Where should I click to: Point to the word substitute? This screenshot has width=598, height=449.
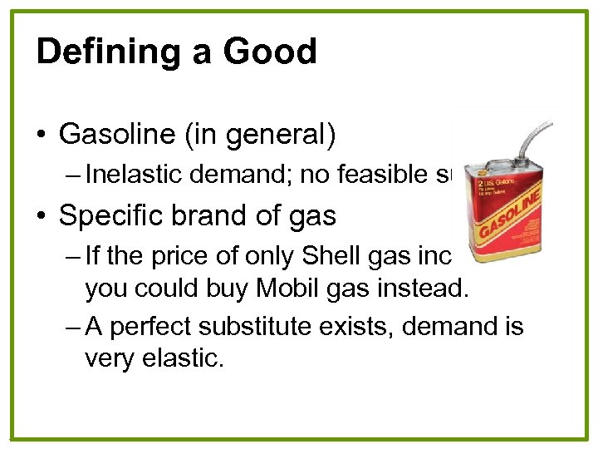(267, 327)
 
